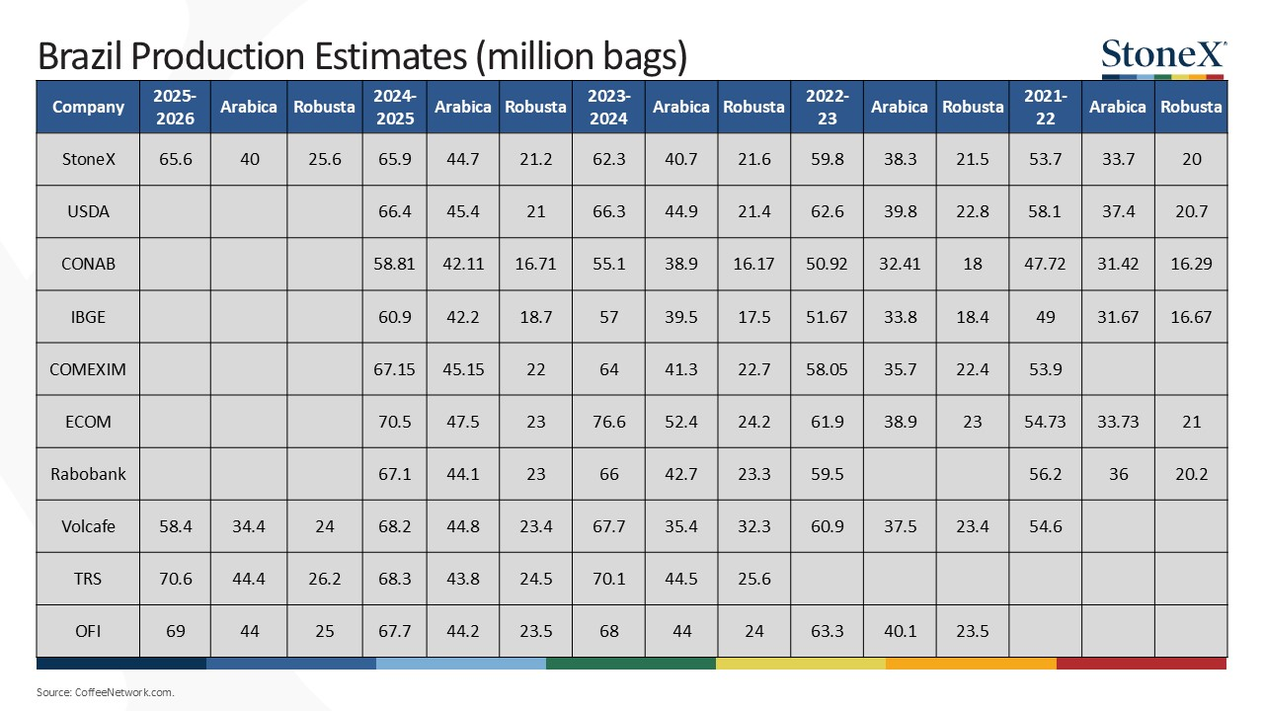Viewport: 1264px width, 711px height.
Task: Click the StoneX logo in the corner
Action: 1163,58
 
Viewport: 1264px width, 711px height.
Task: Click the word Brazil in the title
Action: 80,56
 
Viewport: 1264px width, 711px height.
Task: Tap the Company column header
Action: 88,107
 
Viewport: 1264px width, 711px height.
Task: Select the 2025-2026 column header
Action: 175,108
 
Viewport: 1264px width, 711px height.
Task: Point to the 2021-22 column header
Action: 1045,108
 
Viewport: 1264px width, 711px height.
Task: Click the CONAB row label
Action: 88,264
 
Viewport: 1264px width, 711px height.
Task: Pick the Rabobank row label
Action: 88,474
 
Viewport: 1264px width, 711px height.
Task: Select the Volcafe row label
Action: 88,526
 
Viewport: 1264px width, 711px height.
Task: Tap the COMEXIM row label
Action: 88,369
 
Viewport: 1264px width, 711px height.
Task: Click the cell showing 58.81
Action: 394,264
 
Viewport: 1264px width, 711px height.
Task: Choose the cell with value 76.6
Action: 608,422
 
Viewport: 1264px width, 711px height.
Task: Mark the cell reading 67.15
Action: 394,369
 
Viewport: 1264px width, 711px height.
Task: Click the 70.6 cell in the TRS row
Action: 175,579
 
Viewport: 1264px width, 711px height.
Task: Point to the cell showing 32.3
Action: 753,526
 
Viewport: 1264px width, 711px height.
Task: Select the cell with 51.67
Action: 827,317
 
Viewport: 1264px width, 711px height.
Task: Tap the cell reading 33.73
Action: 1118,422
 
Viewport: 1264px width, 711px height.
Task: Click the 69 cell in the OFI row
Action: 175,631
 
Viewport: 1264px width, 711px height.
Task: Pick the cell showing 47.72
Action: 1045,264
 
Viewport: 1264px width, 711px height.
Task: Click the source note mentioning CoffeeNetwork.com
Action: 106,692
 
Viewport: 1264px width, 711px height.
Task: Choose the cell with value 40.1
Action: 900,631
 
